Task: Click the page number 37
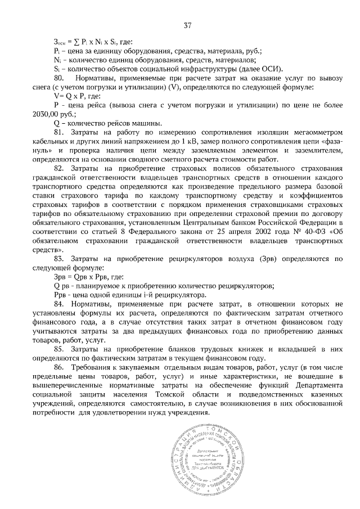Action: pos(188,25)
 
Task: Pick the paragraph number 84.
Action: pos(59,304)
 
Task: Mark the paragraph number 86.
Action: pos(59,368)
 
